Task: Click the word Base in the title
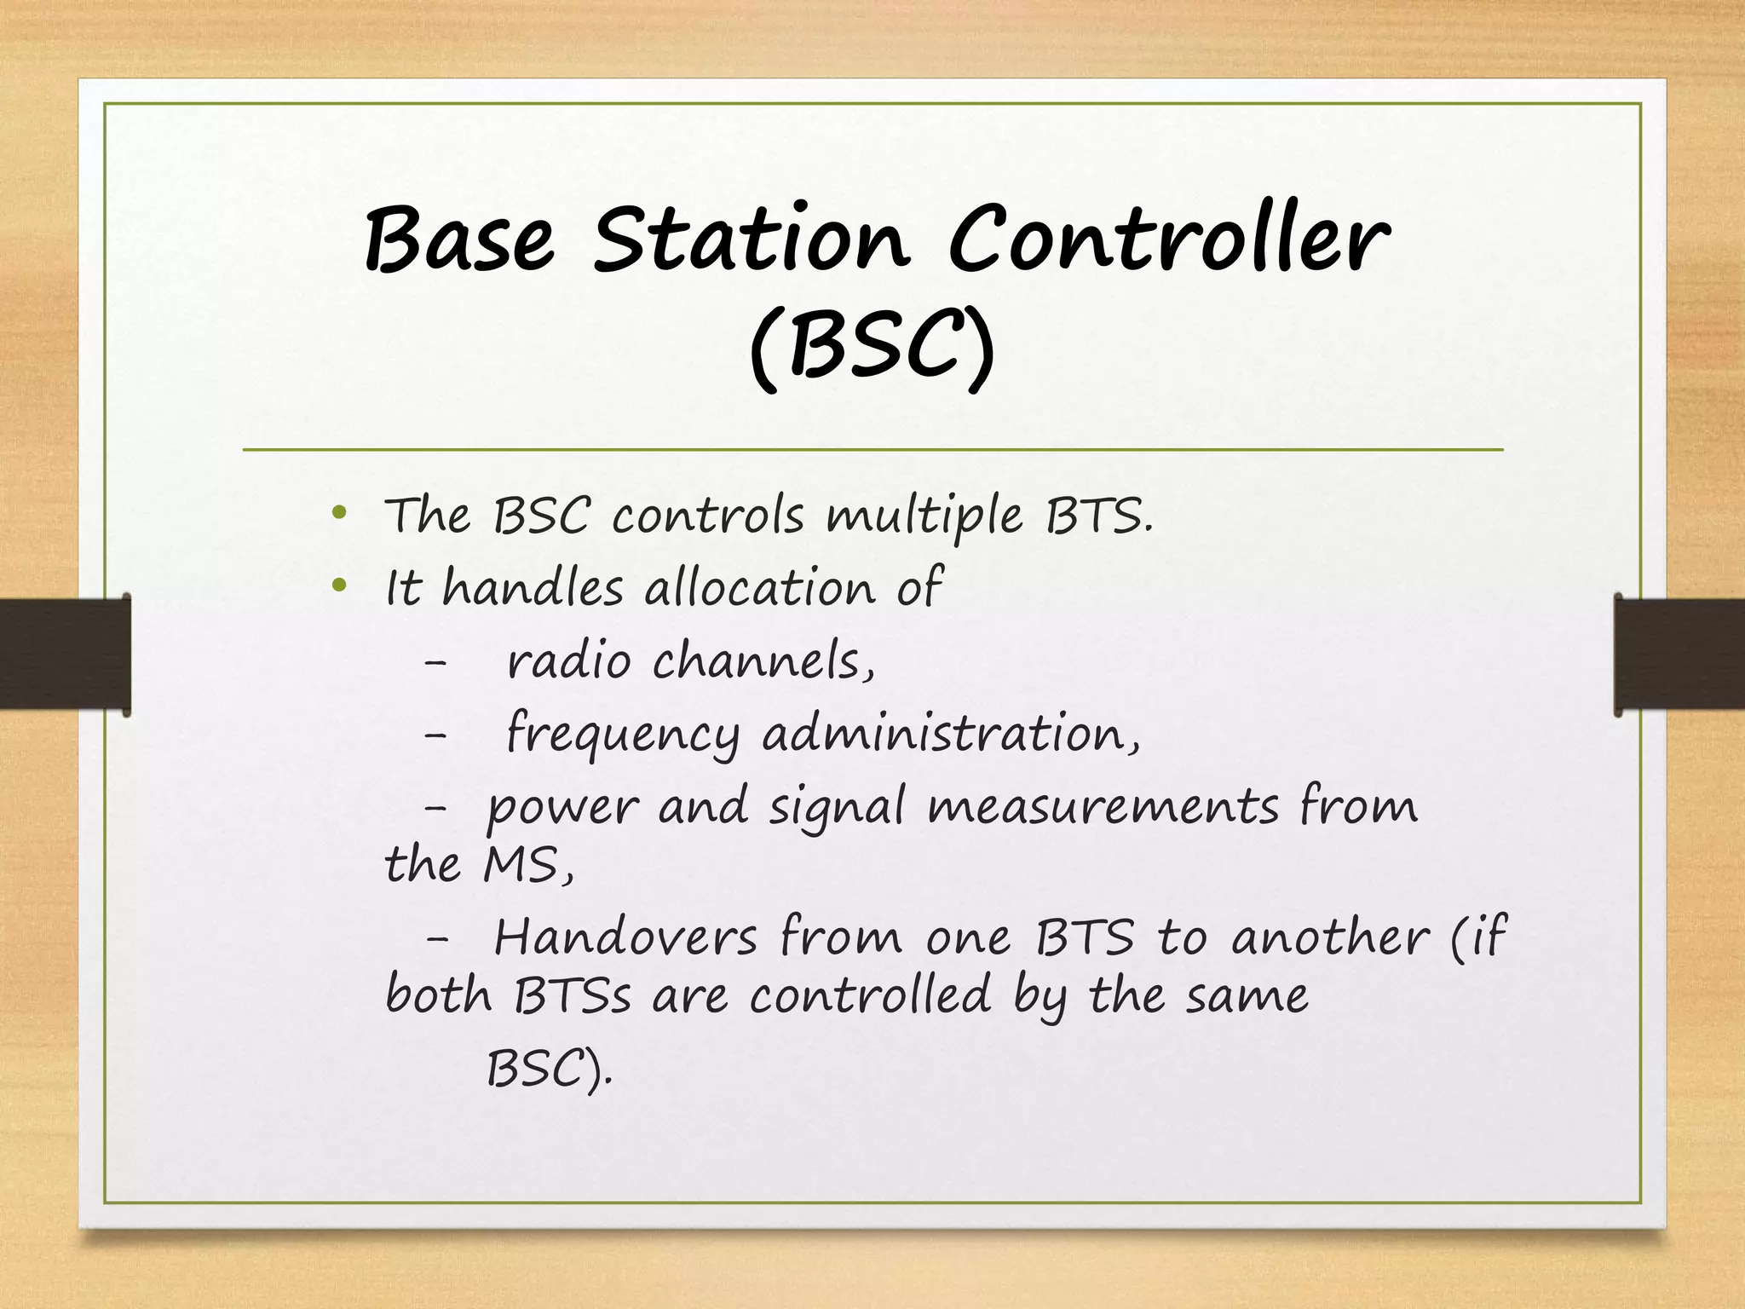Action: (460, 240)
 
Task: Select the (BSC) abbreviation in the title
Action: (872, 349)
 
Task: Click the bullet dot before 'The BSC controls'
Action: (339, 514)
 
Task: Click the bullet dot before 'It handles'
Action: (339, 585)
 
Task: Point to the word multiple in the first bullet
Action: (924, 517)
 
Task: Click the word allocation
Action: (759, 588)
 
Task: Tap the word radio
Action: (568, 661)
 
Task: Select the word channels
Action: (763, 661)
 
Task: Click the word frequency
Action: (623, 735)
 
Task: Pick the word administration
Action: (950, 734)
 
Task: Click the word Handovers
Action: (625, 937)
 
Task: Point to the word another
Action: (1329, 937)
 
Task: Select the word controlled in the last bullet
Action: (870, 995)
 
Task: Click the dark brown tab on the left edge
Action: (65, 654)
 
